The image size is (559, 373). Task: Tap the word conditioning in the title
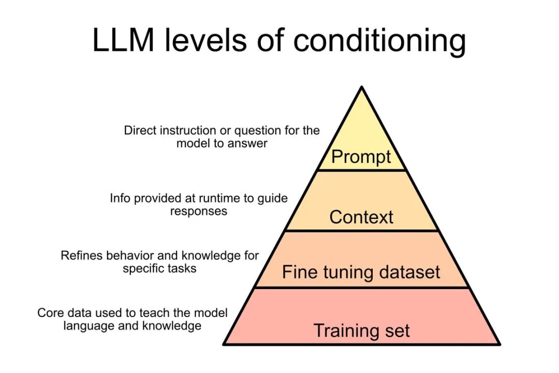[379, 41]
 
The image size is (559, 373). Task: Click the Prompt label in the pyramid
[361, 157]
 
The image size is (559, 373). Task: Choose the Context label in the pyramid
[361, 217]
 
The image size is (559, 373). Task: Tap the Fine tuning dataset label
[361, 272]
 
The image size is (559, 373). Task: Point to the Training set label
[361, 331]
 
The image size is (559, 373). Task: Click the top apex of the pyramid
[361, 87]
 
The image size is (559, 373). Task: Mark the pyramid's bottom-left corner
[224, 345]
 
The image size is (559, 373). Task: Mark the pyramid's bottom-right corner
[499, 345]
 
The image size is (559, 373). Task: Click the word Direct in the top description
[140, 130]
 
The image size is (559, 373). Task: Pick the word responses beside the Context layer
[199, 211]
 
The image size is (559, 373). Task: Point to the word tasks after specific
[182, 268]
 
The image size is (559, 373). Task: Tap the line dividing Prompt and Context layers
[361, 170]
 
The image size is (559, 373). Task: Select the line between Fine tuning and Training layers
[361, 288]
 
